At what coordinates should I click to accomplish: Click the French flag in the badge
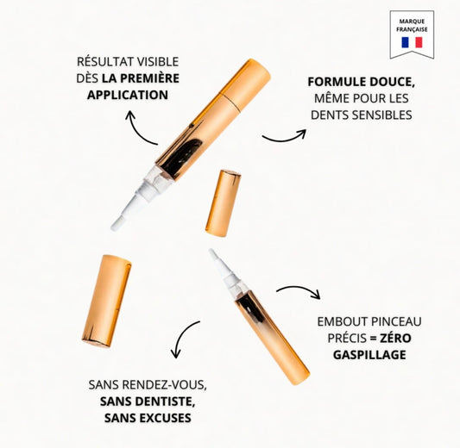click(412, 42)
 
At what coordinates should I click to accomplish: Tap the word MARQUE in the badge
click(412, 22)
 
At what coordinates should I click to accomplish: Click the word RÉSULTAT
click(104, 62)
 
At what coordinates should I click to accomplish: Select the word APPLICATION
click(128, 95)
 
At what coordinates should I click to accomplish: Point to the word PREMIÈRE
click(149, 78)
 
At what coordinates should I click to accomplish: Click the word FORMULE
click(337, 82)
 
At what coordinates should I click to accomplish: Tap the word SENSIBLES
click(382, 115)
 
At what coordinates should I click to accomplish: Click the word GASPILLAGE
click(369, 355)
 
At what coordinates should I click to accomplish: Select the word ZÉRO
click(395, 338)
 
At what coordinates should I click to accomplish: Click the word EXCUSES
click(165, 418)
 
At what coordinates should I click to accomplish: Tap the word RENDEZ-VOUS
click(165, 385)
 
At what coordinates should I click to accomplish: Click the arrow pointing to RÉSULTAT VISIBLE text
click(135, 132)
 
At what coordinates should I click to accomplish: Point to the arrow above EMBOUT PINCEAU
click(300, 288)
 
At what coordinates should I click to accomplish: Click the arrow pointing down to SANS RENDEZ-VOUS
click(181, 333)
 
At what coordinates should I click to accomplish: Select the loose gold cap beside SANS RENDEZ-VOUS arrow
click(106, 302)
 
